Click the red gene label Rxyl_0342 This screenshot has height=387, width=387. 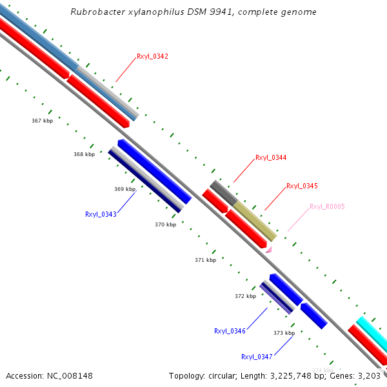click(x=152, y=57)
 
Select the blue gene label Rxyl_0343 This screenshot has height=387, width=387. click(x=101, y=214)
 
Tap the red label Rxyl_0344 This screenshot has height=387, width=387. click(x=271, y=157)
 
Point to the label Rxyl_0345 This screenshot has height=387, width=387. click(x=302, y=186)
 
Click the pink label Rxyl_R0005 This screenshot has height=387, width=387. click(x=327, y=206)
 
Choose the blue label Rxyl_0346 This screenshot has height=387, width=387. click(x=230, y=331)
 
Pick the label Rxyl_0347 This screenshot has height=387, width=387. click(x=257, y=357)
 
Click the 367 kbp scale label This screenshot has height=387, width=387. click(x=42, y=121)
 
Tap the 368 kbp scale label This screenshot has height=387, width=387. click(x=84, y=154)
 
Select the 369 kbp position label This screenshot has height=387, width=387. click(x=124, y=189)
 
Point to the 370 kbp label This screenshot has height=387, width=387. click(x=165, y=224)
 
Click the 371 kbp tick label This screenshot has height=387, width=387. click(x=205, y=260)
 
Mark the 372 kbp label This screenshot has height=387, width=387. click(x=245, y=296)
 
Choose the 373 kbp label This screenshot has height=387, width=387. click(x=284, y=333)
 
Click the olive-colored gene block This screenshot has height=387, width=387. click(x=254, y=220)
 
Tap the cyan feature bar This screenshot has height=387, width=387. click(x=373, y=332)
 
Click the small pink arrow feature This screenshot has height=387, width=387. click(x=269, y=249)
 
